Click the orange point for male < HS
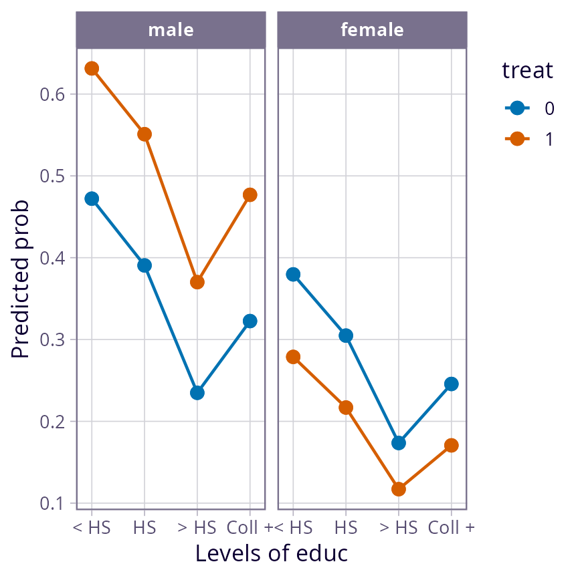[92, 69]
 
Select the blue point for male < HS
[92, 199]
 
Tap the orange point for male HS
[144, 134]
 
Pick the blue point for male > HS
[197, 393]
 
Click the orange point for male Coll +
[250, 195]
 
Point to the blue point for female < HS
[293, 275]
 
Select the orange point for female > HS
[399, 489]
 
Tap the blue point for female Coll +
[452, 384]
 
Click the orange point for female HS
[346, 408]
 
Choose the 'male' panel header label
[171, 30]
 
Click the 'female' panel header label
[372, 30]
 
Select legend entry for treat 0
[528, 108]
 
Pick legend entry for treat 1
[528, 139]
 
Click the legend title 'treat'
[528, 71]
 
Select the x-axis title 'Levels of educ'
[272, 554]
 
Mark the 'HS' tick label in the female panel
[346, 528]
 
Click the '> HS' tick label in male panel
[197, 528]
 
